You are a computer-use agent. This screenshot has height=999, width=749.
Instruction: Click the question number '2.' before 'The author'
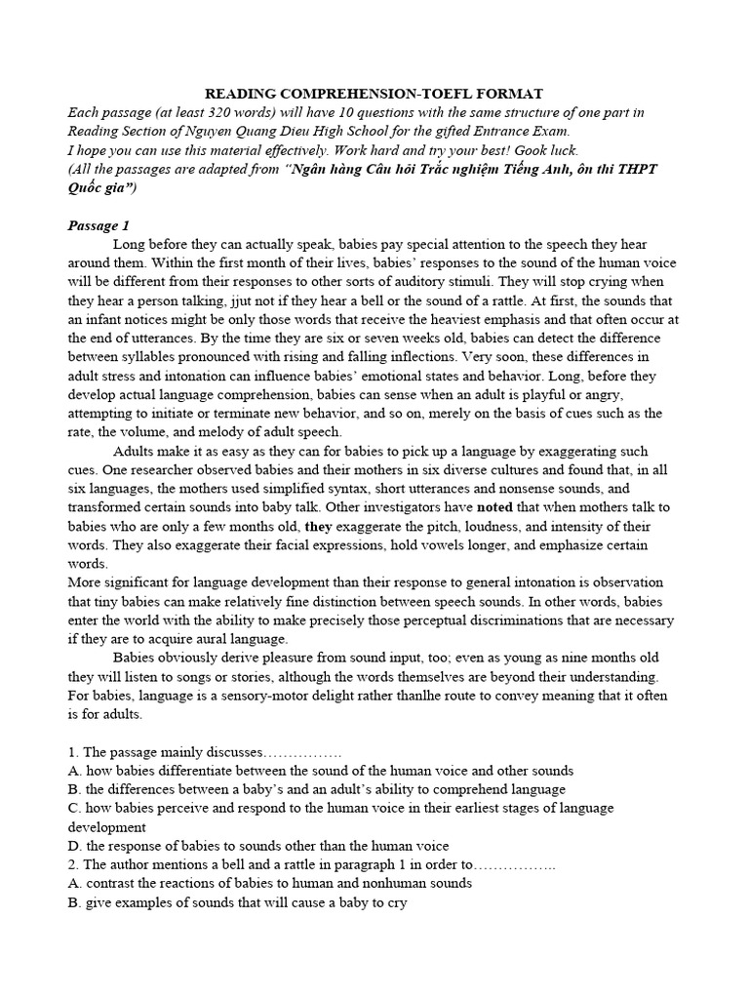(74, 864)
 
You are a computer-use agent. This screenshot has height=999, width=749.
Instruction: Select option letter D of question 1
(73, 846)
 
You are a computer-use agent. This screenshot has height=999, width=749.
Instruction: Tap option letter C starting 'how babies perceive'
(73, 808)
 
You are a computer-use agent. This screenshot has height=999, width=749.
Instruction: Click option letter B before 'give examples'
(73, 902)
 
